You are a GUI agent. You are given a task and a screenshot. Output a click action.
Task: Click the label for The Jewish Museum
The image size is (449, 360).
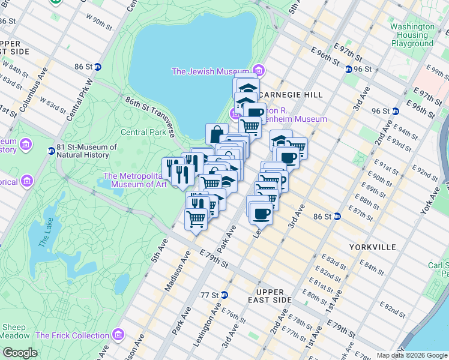(x=210, y=71)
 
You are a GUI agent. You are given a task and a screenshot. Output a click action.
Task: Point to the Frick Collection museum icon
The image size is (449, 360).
(x=119, y=334)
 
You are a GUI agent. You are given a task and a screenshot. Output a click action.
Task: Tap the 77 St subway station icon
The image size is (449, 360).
(x=224, y=295)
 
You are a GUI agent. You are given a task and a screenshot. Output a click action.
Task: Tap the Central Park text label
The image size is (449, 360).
(x=142, y=132)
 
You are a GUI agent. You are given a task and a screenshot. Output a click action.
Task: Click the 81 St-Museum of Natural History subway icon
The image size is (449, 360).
(x=51, y=148)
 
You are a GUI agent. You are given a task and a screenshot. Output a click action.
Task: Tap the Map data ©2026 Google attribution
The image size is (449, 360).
(x=412, y=355)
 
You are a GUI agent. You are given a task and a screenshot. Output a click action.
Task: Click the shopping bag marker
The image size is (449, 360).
(x=216, y=134)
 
